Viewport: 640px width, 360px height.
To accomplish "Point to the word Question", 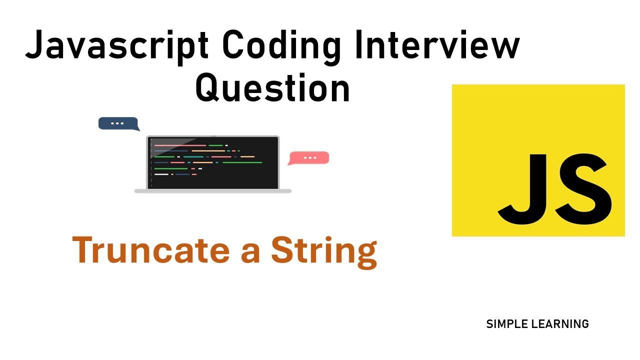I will [272, 88].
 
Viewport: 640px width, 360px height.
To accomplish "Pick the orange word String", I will [323, 251].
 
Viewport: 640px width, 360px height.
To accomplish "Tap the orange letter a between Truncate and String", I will [250, 253].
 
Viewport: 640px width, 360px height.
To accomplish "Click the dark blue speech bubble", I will [117, 123].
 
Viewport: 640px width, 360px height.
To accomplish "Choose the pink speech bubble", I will [309, 158].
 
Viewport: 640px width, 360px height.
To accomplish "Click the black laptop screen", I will [213, 162].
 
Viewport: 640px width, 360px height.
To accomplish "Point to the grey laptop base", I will [213, 191].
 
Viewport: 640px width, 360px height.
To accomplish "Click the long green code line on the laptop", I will [242, 162].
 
